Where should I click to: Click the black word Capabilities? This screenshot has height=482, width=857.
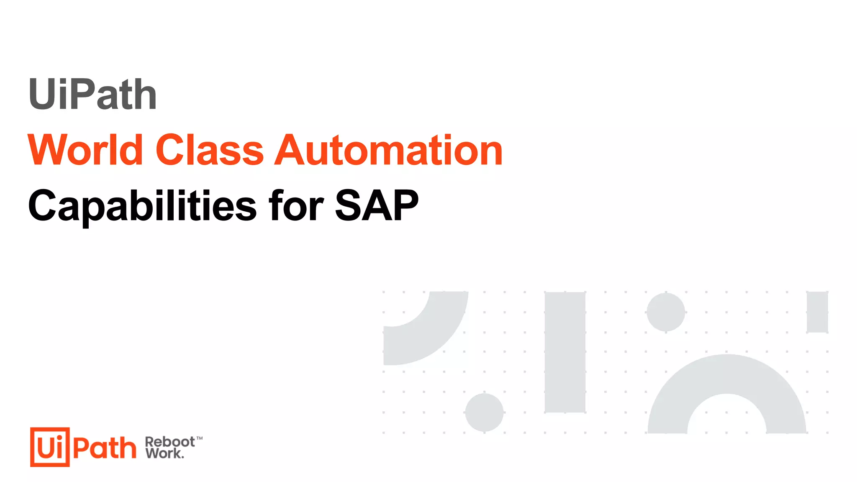[142, 206]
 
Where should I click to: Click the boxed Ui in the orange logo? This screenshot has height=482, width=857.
[50, 447]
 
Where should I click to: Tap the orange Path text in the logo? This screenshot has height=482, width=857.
[105, 448]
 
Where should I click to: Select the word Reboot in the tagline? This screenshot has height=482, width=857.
[169, 442]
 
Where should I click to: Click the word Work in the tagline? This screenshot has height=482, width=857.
[164, 453]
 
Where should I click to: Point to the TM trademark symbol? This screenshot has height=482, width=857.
[200, 438]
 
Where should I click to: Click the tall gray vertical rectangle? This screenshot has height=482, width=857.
[565, 352]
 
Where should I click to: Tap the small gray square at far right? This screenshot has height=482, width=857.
[817, 312]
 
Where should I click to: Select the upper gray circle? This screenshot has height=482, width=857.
[666, 312]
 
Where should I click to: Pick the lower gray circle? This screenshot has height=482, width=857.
[484, 412]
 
